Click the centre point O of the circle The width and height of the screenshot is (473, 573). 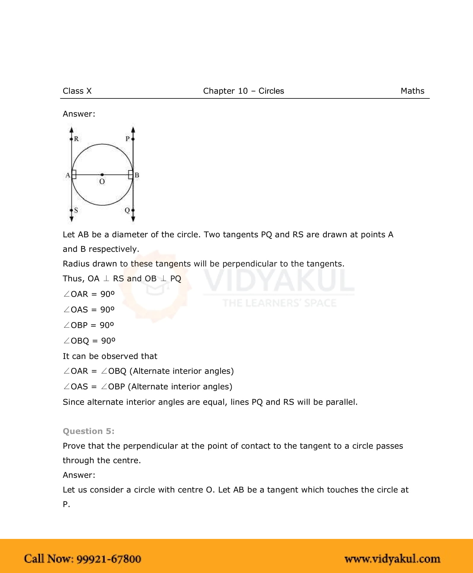(x=102, y=175)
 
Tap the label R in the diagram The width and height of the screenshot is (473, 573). (x=76, y=139)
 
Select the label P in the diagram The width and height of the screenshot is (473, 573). (x=128, y=139)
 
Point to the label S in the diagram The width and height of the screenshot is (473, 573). (x=76, y=210)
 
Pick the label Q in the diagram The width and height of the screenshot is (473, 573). (x=127, y=210)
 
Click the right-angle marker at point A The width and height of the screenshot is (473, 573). (x=74, y=175)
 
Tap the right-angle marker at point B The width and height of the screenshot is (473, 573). (x=130, y=175)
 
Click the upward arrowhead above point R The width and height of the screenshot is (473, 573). (x=71, y=130)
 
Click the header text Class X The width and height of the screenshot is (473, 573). (x=77, y=91)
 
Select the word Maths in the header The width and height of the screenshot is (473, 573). (x=412, y=91)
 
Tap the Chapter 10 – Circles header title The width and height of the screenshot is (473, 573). (x=243, y=91)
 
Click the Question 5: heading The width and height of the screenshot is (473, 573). (x=88, y=431)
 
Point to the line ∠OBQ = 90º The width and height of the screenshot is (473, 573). (x=89, y=341)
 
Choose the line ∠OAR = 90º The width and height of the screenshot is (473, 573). (x=89, y=294)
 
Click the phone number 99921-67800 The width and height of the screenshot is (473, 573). (x=109, y=559)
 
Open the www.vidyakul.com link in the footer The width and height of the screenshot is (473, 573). (x=392, y=559)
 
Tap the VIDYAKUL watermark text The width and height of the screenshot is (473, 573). (x=279, y=280)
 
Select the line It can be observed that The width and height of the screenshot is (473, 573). (x=110, y=356)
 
